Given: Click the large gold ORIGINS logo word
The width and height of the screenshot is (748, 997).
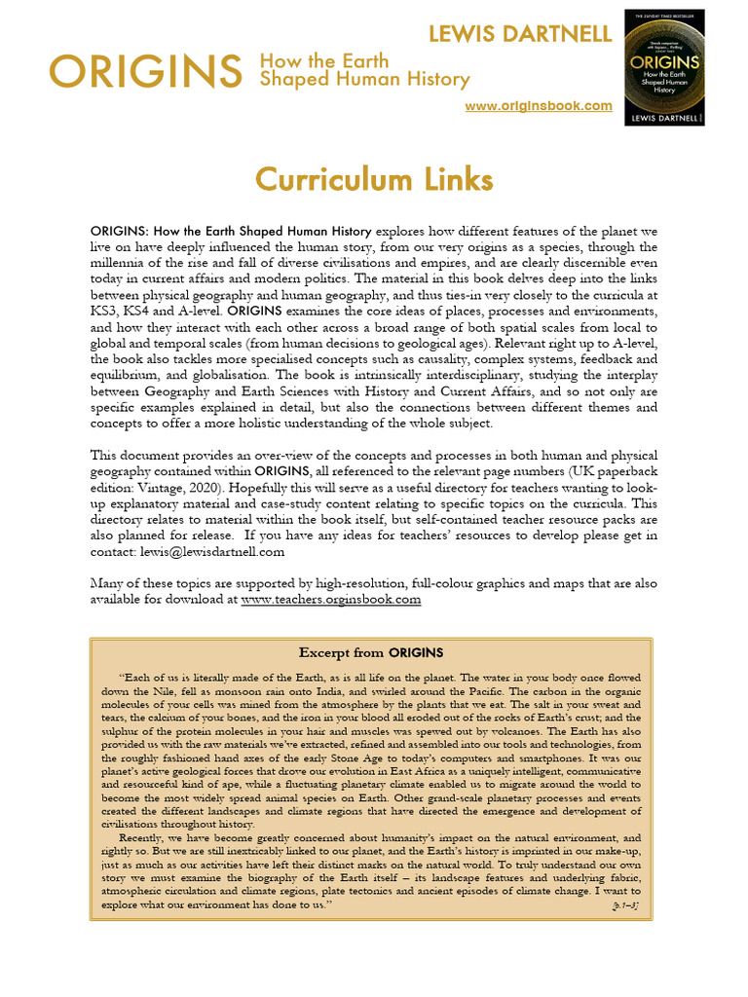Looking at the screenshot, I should point(146,71).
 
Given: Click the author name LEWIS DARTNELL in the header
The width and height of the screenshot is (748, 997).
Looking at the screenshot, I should point(520,34).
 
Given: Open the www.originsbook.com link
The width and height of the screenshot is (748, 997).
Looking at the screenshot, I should point(539,105).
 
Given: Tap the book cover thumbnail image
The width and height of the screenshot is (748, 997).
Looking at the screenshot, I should point(664,73).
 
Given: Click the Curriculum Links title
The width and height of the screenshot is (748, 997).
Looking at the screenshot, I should point(373,180).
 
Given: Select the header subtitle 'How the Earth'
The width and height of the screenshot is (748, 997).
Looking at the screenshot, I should point(320,61).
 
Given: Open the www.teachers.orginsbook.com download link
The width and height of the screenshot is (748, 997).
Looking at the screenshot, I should point(331,600).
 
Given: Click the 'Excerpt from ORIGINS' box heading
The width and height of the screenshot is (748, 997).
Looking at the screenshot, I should point(370,651).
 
